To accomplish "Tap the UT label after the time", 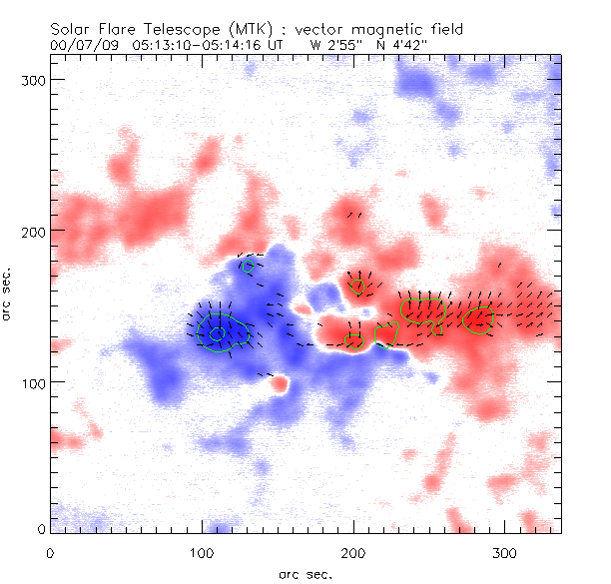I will tap(288, 45).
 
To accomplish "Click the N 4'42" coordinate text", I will tap(403, 45).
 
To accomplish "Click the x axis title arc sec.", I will tap(304, 574).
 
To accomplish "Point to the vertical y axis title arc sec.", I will tap(9, 294).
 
